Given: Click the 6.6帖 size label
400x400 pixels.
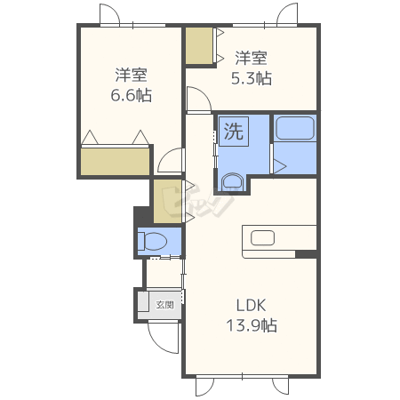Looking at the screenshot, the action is coord(131,95).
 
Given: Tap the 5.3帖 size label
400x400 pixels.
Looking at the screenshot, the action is coord(252,78).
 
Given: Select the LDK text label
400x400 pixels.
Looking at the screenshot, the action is coord(251,305).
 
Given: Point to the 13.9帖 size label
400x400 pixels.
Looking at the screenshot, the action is coord(252,325).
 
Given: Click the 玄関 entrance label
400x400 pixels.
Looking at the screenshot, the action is coord(165,305).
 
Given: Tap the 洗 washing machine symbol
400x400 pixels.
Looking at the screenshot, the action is coord(234,132).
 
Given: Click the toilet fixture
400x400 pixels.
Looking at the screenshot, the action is coord(152,241).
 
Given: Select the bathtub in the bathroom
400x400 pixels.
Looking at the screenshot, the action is coord(295,128).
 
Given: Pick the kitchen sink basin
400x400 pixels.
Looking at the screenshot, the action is coord(262,238).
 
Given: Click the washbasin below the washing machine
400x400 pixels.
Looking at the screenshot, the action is coord(232,182).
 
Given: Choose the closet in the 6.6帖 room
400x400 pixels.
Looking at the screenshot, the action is coord(115,162).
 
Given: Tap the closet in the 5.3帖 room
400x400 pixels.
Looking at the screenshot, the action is coord(199,45).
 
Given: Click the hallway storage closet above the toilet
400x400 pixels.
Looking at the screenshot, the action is coord(167,201).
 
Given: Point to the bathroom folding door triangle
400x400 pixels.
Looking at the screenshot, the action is coord(279,166).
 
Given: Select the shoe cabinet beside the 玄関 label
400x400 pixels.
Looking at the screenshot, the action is coord(143,301).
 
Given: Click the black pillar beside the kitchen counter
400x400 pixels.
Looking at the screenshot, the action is coord(306,254).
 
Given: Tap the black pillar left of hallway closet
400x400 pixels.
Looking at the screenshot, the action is coord(143,216).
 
